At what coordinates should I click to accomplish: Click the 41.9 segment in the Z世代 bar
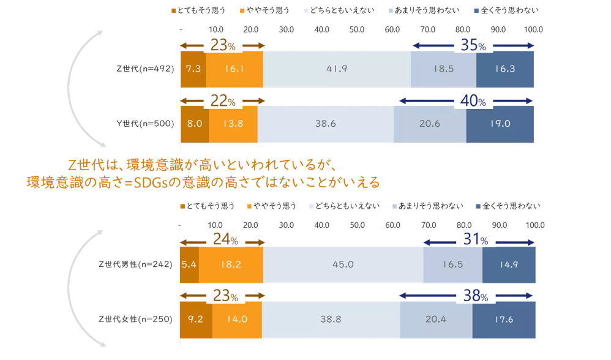[336, 69]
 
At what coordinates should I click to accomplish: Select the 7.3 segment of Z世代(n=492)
[193, 69]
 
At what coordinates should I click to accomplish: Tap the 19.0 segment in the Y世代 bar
[500, 124]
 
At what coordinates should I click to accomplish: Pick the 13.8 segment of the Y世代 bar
[233, 124]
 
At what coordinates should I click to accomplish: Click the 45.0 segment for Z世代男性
[343, 264]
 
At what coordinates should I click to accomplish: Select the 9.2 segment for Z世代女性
[196, 319]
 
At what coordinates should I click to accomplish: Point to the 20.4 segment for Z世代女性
[436, 319]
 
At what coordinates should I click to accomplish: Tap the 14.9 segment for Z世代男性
[508, 264]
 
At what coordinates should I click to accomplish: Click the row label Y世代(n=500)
[145, 124]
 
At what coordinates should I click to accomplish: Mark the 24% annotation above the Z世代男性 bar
[225, 240]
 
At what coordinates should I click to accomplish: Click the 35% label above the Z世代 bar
[473, 46]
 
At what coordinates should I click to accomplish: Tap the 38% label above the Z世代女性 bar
[475, 296]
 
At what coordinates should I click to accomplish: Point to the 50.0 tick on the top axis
[357, 29]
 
